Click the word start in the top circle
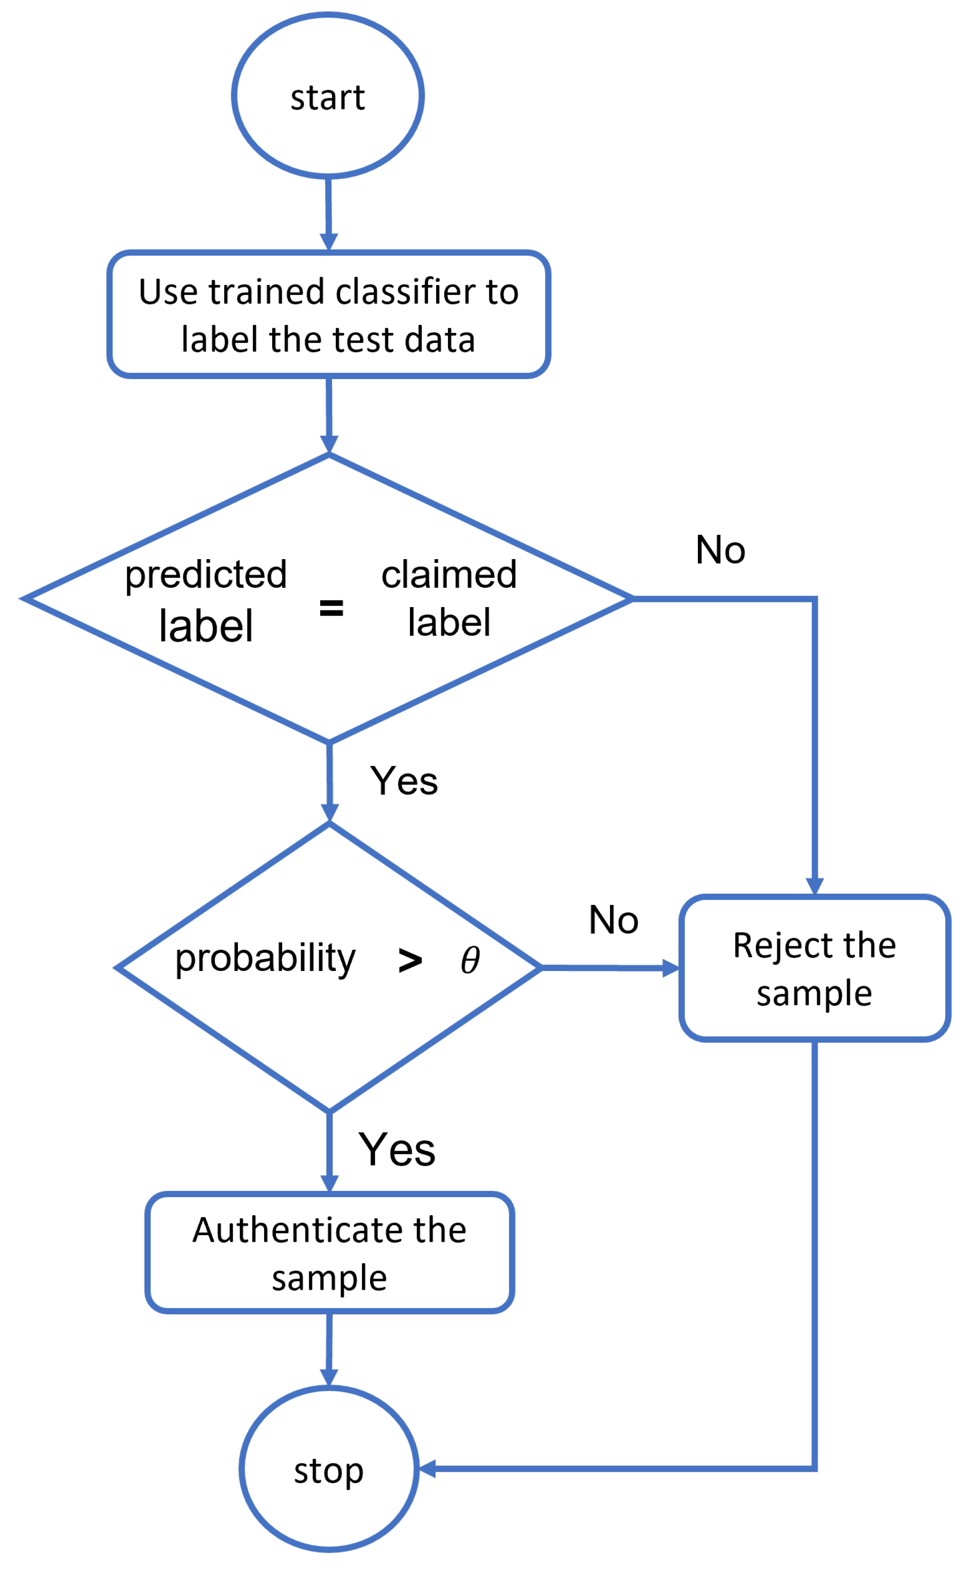click(x=327, y=98)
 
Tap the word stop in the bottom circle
click(x=328, y=1471)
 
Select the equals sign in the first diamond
click(x=331, y=608)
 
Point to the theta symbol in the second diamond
click(x=470, y=961)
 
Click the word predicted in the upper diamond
click(x=206, y=574)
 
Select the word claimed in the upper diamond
click(x=449, y=574)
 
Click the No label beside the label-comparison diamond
click(x=720, y=550)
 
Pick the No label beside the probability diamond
click(x=613, y=920)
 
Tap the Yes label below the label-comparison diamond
click(x=404, y=781)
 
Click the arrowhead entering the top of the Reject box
click(x=814, y=886)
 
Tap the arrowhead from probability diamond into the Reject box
click(x=670, y=968)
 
